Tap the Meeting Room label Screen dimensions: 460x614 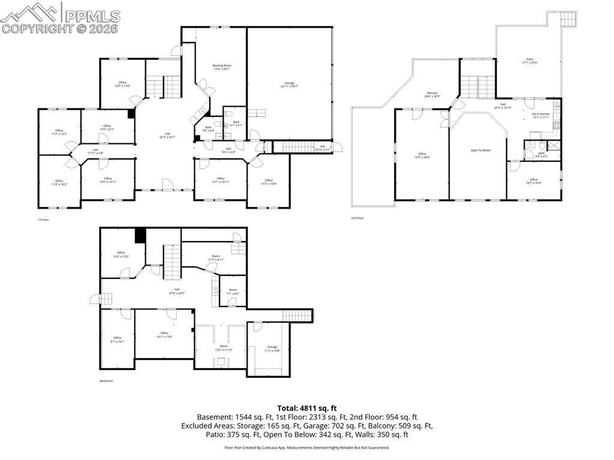tap(222, 67)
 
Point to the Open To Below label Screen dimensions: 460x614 tap(480, 150)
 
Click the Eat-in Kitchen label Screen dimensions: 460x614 tap(541, 116)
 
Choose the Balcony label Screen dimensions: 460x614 tap(432, 95)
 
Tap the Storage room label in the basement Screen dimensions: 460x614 tap(272, 348)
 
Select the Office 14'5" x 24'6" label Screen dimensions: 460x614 tap(423, 156)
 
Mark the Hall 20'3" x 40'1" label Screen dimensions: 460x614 tap(167, 136)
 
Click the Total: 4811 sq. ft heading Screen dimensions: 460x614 tap(306, 408)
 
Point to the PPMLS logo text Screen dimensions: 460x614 tap(93, 16)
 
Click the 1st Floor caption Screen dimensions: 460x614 tap(43, 220)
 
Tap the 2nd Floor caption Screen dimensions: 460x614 tap(357, 218)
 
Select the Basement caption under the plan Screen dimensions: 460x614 tap(106, 381)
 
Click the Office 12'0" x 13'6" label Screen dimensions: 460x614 tap(122, 85)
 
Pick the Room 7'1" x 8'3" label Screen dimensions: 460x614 tap(233, 292)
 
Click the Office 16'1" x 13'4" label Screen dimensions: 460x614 tap(164, 335)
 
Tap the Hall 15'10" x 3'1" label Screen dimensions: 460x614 tap(322, 148)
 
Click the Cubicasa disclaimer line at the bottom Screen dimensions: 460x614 tap(306, 447)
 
